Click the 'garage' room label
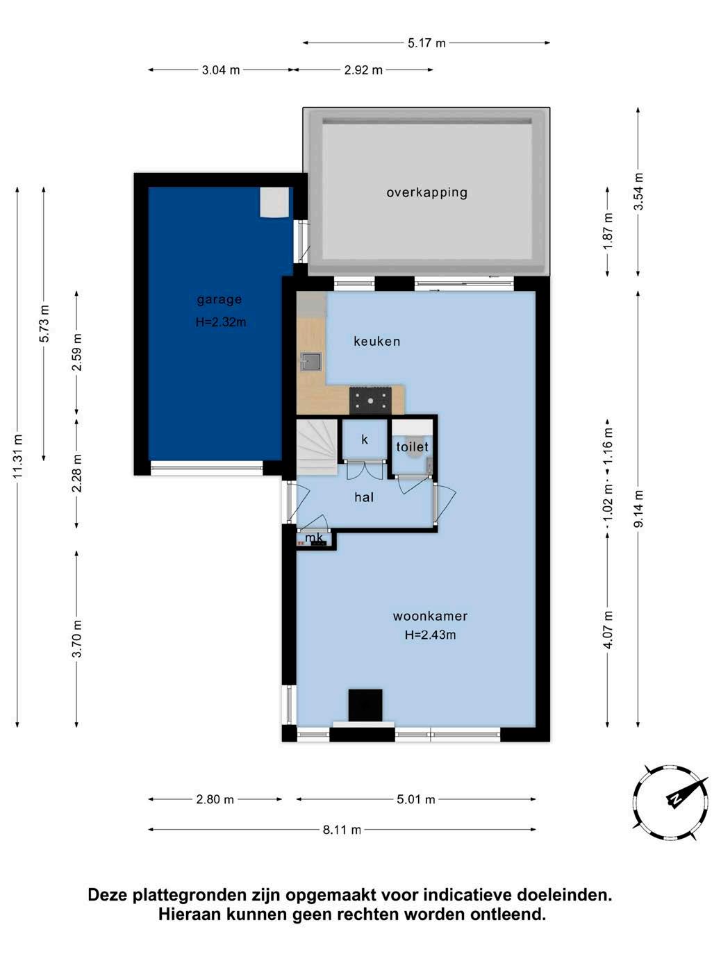pos(219,300)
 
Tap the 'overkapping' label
pos(426,192)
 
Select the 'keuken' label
pos(377,341)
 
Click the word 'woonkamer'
pos(431,616)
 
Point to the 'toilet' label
pos(412,446)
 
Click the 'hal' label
pos(364,497)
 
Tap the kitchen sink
pos(311,362)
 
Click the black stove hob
pos(370,400)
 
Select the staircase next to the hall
pos(317,447)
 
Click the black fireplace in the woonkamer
pos(365,705)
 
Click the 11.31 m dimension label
pos(17,456)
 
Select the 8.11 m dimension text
pos(342,830)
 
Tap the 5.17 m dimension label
pos(426,43)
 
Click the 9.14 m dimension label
pos(638,508)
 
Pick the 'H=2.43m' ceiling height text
pos(431,635)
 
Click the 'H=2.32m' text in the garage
pos(221,322)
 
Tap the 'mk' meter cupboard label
pos(314,537)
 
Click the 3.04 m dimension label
pos(221,70)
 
